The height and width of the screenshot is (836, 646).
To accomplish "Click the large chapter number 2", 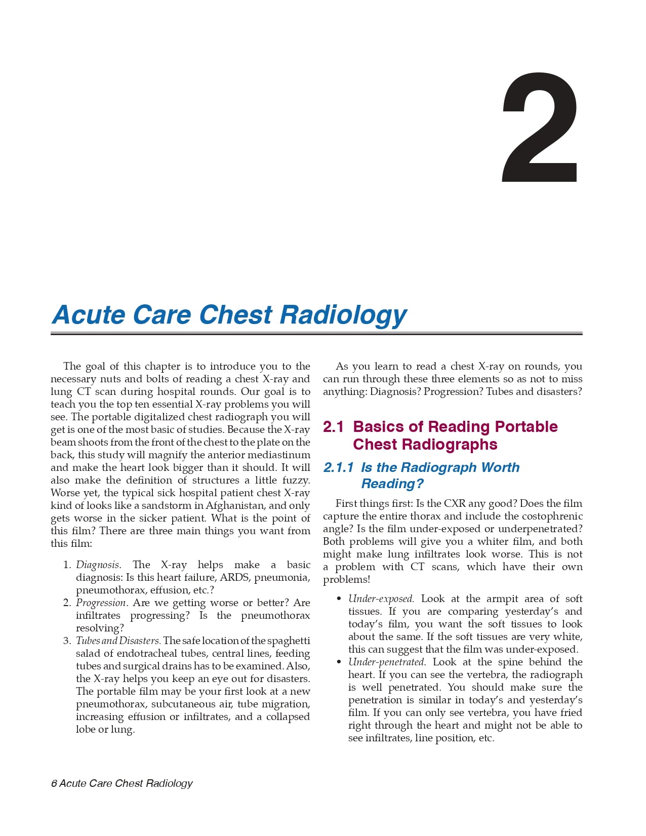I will (x=540, y=128).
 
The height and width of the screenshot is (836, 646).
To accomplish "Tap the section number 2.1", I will (x=333, y=427).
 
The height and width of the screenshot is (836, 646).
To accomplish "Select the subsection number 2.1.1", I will (x=338, y=467).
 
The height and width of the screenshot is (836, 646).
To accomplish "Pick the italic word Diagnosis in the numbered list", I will (x=98, y=565).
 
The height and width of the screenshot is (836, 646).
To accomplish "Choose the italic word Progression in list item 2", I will (x=100, y=603).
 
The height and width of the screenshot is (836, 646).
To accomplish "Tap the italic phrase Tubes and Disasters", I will (x=118, y=641).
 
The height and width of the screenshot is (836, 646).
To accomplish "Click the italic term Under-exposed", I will (x=381, y=599).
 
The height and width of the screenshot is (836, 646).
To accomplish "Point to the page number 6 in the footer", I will (x=54, y=783).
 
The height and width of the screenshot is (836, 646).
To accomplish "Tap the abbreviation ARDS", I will (x=234, y=577).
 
